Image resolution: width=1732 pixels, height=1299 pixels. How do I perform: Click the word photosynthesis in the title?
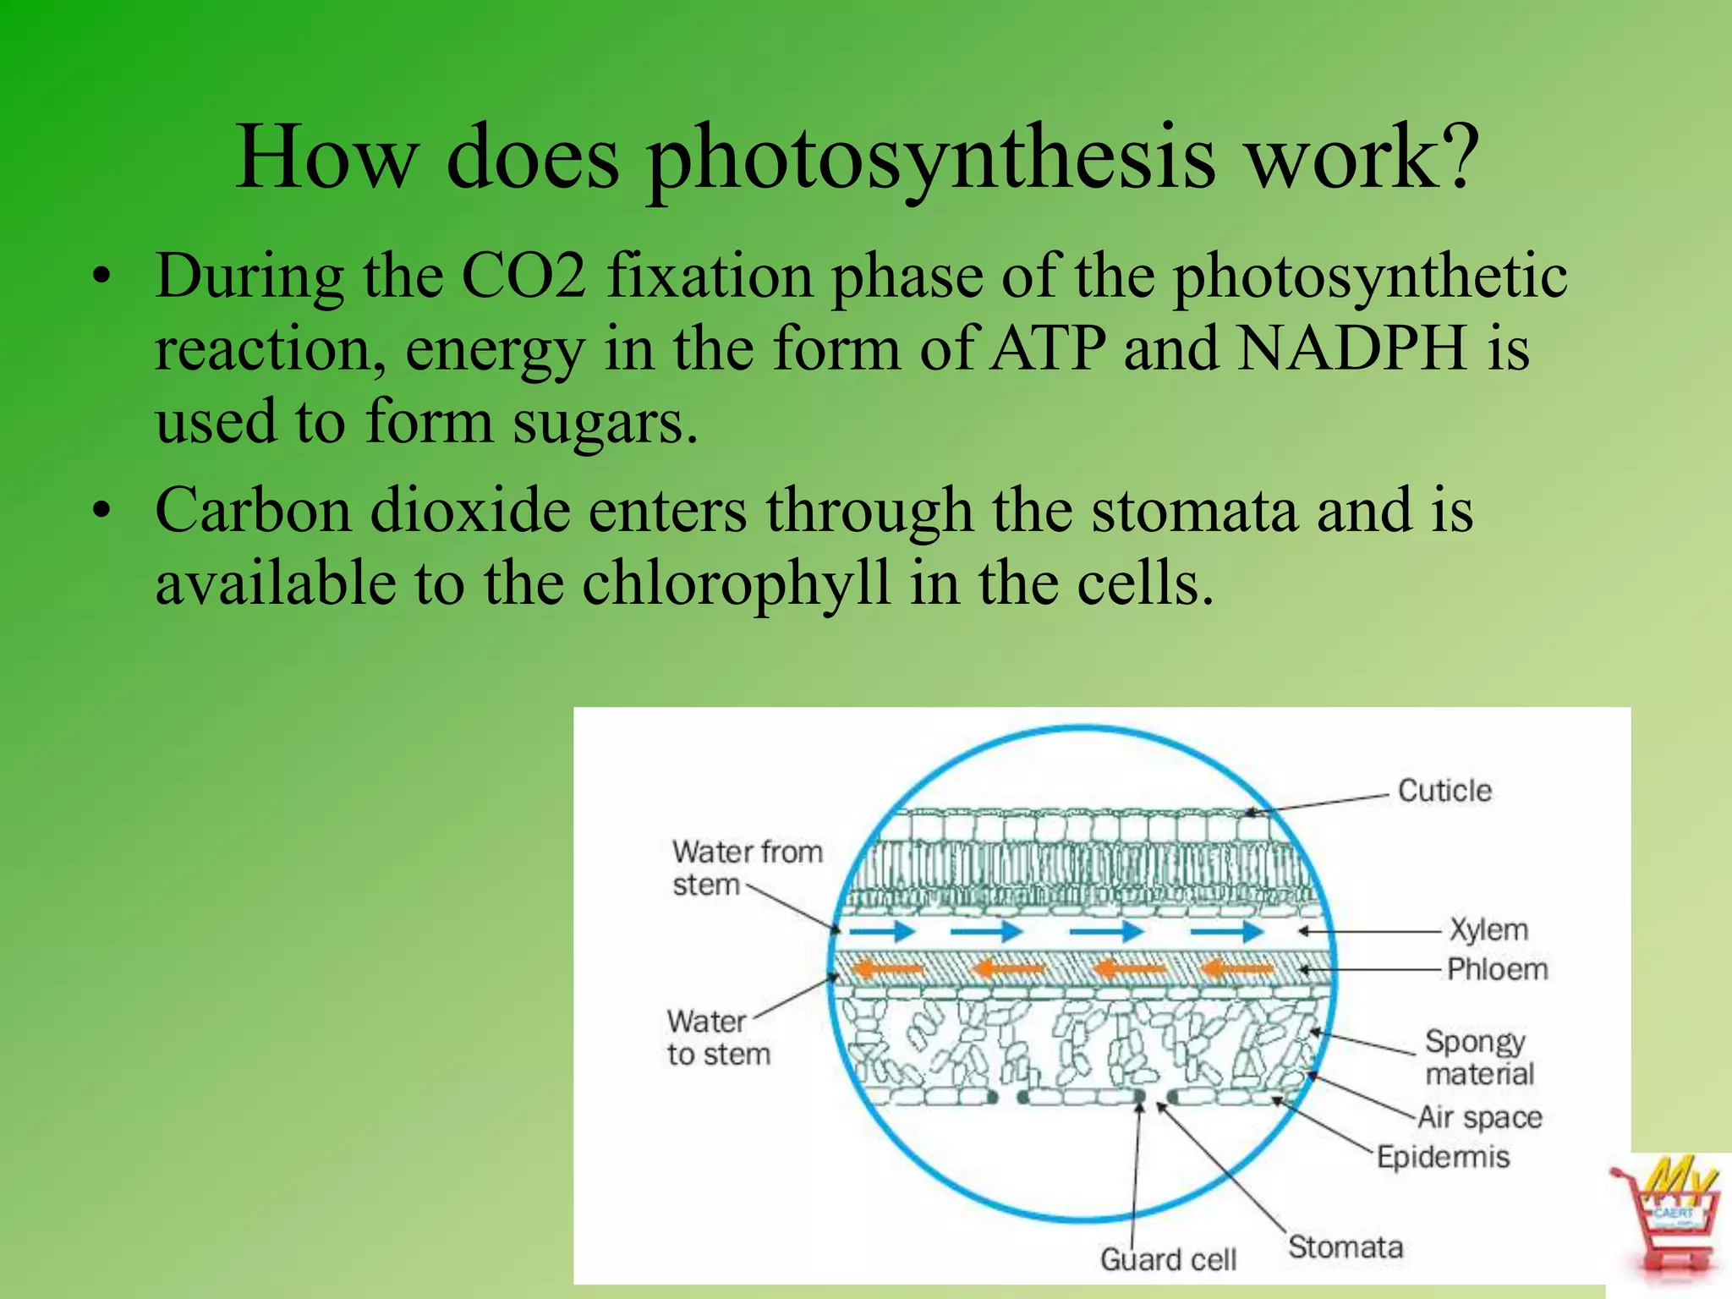[x=931, y=158]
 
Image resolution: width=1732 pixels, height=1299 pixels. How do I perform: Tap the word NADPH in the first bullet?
[x=1351, y=348]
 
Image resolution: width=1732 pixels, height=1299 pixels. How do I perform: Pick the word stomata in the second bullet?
[x=1193, y=510]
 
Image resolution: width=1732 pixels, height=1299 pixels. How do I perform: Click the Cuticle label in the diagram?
[x=1444, y=791]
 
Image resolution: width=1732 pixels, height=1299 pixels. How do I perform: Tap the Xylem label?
[x=1489, y=929]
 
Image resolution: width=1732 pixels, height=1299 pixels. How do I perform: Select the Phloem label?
[x=1497, y=969]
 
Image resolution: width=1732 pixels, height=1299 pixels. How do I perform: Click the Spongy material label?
[x=1478, y=1057]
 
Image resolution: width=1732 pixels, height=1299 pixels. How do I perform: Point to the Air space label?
[x=1480, y=1117]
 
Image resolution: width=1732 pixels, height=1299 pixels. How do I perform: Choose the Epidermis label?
[x=1443, y=1156]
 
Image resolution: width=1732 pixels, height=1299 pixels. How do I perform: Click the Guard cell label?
[x=1168, y=1259]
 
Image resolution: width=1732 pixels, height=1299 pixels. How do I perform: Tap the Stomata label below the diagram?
[x=1345, y=1247]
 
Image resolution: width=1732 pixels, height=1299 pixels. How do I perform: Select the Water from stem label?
[x=747, y=868]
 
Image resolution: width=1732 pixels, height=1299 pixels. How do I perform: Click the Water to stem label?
[x=718, y=1038]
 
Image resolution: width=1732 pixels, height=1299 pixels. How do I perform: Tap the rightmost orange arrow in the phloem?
[x=1236, y=968]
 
